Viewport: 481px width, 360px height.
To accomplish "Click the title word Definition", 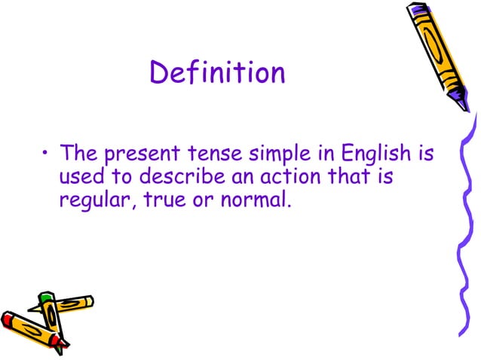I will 218,73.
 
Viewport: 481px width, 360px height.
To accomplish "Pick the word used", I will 80,178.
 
